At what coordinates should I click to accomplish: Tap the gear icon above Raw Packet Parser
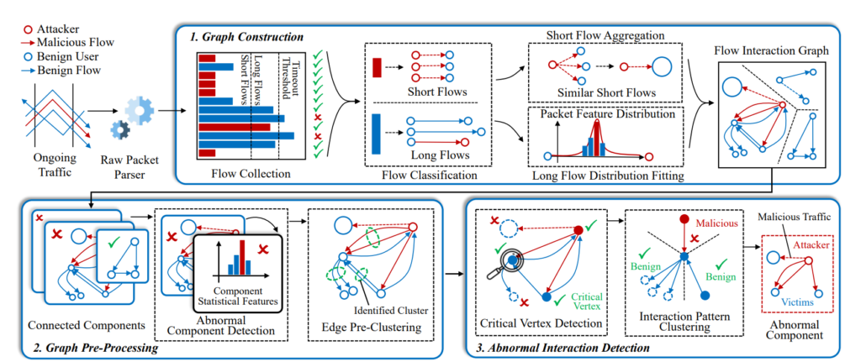tap(134, 114)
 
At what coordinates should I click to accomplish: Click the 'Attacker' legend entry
tap(43, 27)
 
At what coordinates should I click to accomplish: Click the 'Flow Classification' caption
tap(419, 176)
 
